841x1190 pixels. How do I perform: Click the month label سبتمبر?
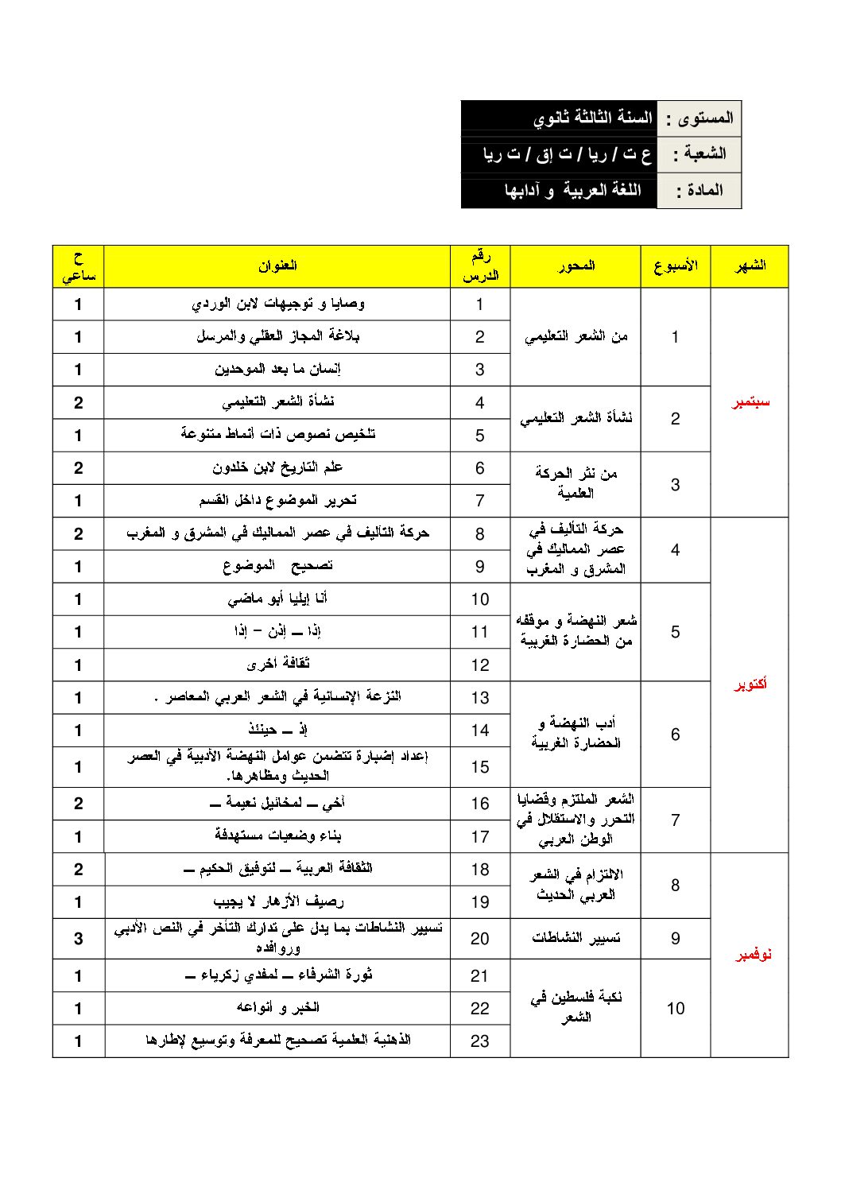click(750, 403)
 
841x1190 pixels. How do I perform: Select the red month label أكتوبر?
click(750, 684)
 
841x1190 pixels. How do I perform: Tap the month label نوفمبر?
click(750, 955)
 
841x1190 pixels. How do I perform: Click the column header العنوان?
click(277, 266)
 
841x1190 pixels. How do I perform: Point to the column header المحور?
click(576, 266)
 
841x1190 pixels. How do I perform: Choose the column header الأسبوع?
click(676, 266)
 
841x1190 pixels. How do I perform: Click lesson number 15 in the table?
click(480, 767)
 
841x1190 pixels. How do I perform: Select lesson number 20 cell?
click(480, 939)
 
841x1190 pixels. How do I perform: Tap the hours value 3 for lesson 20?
click(79, 939)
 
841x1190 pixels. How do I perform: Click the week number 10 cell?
click(676, 1009)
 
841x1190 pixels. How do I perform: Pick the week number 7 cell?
click(676, 820)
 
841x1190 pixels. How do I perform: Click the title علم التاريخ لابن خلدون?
click(277, 467)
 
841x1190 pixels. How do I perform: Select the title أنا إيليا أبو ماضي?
click(277, 599)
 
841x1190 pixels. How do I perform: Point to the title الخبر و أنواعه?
click(277, 1008)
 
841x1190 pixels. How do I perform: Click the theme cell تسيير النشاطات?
click(576, 939)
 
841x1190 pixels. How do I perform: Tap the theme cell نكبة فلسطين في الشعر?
click(576, 1007)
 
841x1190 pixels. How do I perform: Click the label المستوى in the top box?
click(700, 118)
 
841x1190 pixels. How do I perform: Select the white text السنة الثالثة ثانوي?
click(592, 118)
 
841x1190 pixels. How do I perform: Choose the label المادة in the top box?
click(700, 191)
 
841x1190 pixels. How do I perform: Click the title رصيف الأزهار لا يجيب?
click(277, 901)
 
